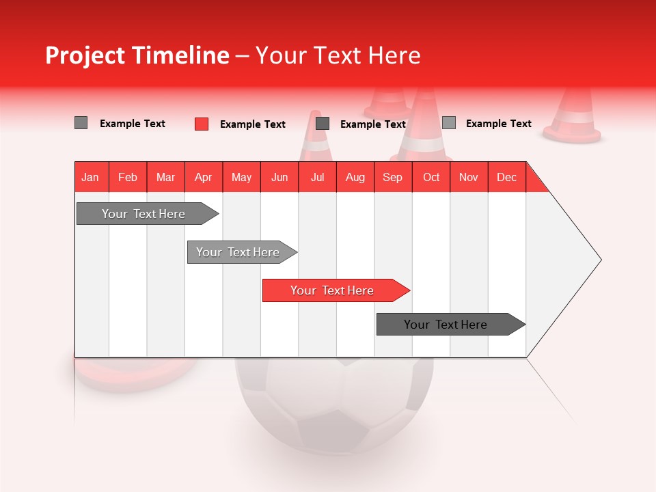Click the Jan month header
click(x=90, y=177)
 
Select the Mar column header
click(x=165, y=177)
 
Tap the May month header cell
click(x=241, y=177)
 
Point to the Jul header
click(x=317, y=177)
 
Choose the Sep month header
click(x=392, y=177)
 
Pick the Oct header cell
click(x=431, y=177)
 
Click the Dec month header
click(x=506, y=177)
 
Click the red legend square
click(x=202, y=124)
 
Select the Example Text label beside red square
click(x=253, y=124)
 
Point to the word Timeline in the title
click(x=180, y=55)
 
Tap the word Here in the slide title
click(x=394, y=55)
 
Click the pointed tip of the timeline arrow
click(x=600, y=260)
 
